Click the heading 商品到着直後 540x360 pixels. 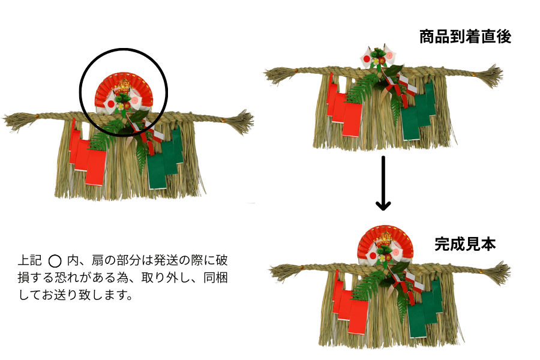465,37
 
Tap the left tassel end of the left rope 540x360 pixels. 15,120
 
